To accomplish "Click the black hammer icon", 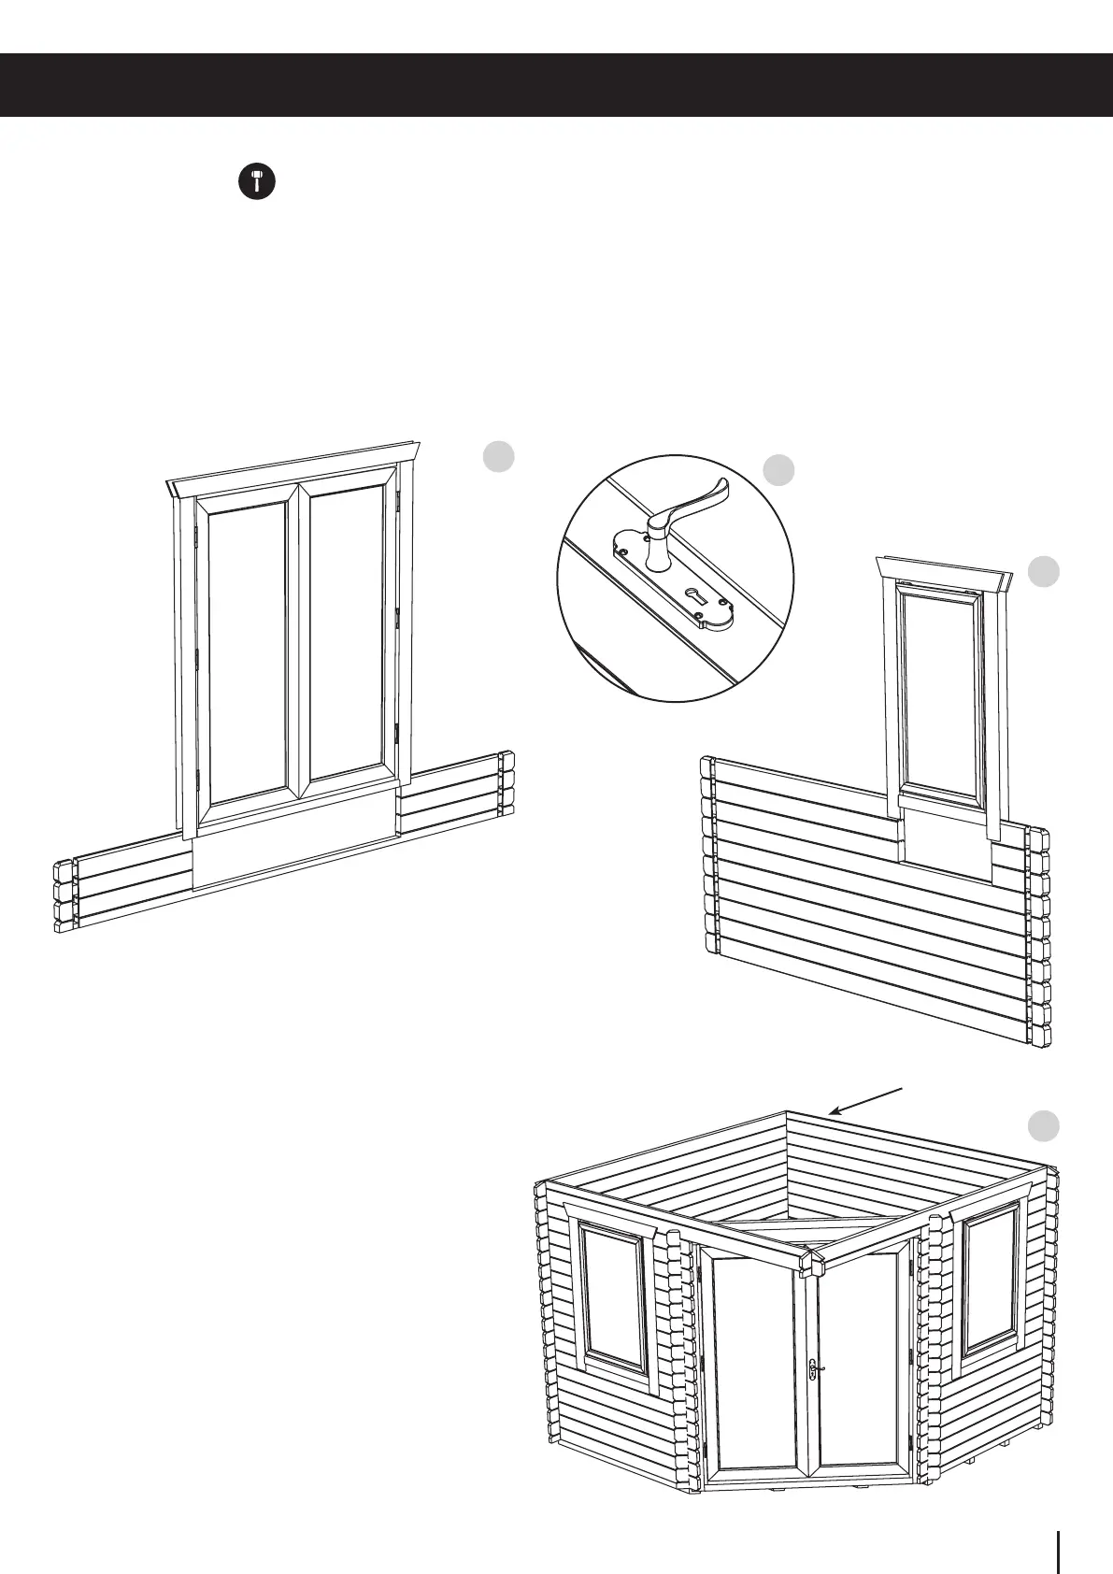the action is [256, 181].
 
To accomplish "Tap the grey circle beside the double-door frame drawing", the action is [499, 456].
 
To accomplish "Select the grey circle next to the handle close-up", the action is [778, 470].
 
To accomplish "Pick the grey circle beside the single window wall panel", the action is [1044, 572].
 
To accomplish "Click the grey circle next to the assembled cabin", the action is [1044, 1126].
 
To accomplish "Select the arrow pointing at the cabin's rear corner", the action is [866, 1101].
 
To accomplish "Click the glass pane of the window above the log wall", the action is [939, 696].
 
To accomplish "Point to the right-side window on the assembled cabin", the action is [991, 1279].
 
